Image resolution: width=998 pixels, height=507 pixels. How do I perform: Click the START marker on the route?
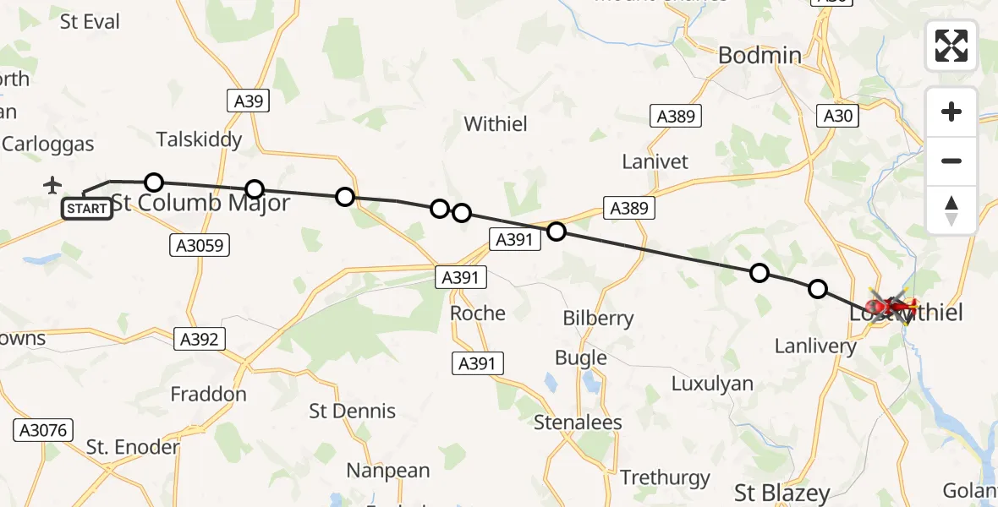coord(87,208)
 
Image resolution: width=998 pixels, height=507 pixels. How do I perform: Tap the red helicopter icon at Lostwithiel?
coord(889,307)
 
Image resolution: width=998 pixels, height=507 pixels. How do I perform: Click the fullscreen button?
coord(951,46)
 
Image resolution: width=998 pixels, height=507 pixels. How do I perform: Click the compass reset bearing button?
coord(951,210)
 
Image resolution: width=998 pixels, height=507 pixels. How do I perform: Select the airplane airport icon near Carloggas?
coord(52,184)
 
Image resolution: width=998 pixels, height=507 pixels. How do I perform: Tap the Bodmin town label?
coord(759,56)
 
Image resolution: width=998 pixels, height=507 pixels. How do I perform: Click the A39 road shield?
coord(249,101)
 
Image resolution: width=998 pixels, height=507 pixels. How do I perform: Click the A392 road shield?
coord(199,340)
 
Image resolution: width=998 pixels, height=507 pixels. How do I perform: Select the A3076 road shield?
coord(41,430)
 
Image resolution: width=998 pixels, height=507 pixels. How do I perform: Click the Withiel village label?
coord(496,124)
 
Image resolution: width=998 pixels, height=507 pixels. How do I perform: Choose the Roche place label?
coord(478,313)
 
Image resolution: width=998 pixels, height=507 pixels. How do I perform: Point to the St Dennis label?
coord(353,412)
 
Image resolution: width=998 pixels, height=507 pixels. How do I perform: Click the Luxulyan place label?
coord(712,384)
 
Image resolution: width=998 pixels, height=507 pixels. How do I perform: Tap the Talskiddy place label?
coord(200,139)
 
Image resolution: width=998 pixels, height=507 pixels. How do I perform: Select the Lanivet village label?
coord(655,161)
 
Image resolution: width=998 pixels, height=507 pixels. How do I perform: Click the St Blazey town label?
coord(782,493)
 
